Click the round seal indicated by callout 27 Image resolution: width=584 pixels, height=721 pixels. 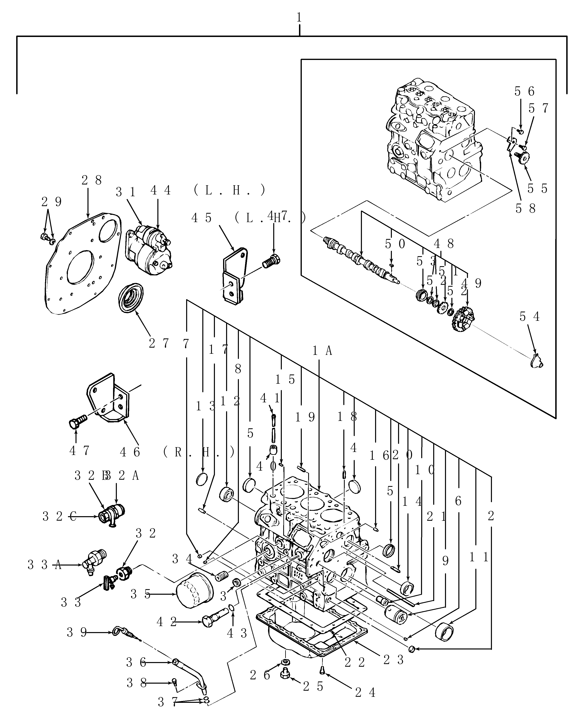coord(131,298)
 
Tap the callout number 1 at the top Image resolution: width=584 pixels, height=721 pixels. coord(299,18)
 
